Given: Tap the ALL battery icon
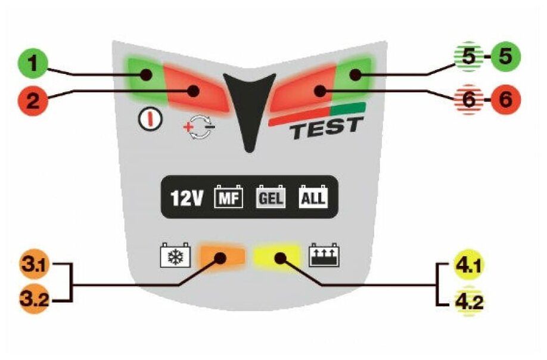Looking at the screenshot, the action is tap(312, 197).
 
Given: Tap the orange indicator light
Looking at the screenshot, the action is tap(222, 256).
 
